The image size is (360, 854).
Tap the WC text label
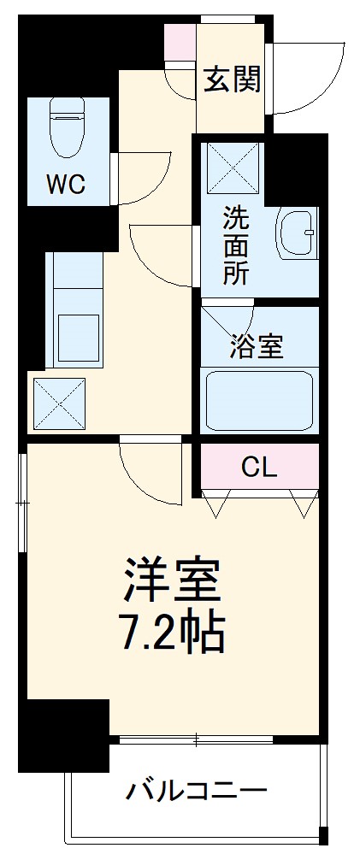pos(65,185)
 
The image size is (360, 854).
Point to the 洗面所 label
pos(238,246)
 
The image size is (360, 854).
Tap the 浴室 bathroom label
pos(257,346)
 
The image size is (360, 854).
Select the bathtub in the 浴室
pos(257,400)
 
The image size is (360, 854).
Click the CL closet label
pos(259,467)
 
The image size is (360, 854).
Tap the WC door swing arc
pos(141,175)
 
